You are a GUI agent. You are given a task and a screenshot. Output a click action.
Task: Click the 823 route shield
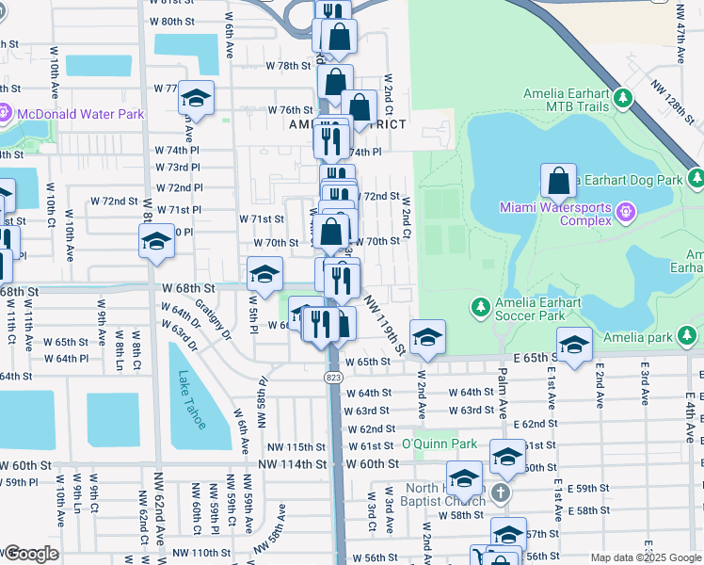click(x=336, y=376)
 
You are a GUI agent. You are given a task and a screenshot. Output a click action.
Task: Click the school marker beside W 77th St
click(x=196, y=98)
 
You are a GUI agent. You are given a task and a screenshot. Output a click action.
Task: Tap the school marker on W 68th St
click(x=265, y=274)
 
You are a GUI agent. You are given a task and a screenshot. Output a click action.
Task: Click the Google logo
click(x=30, y=554)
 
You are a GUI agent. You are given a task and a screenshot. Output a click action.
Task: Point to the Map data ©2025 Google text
click(x=646, y=557)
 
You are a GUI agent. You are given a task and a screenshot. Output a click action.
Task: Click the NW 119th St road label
click(x=384, y=327)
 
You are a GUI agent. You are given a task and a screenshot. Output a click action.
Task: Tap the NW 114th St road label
click(x=296, y=464)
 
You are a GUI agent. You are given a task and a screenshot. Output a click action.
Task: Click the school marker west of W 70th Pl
click(x=156, y=242)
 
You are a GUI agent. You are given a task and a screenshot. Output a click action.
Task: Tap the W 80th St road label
click(x=171, y=21)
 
